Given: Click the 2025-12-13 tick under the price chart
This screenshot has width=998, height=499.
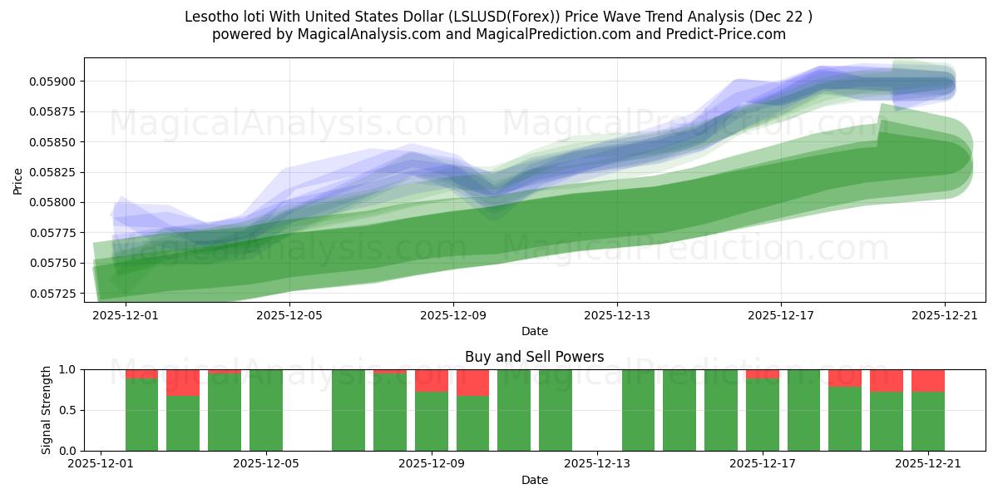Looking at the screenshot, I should (x=616, y=315).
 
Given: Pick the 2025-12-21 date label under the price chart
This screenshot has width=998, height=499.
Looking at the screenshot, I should (x=945, y=315).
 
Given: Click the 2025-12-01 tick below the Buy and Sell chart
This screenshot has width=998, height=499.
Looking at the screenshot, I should (x=101, y=464).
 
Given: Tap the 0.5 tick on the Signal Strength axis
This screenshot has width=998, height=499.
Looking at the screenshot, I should (x=68, y=410).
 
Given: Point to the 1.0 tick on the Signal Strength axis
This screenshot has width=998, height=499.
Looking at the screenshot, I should (x=68, y=369).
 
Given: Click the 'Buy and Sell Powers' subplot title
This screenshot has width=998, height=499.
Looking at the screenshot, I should (x=534, y=357).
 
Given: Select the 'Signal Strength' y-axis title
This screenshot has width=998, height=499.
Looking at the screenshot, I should (x=47, y=410).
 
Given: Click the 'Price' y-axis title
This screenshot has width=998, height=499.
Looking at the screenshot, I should (x=18, y=180).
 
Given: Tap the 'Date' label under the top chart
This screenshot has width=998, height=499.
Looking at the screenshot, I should (x=534, y=331).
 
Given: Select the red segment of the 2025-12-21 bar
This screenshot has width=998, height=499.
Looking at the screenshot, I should (x=928, y=380).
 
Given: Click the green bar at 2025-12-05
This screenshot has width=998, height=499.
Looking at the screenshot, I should (x=266, y=410).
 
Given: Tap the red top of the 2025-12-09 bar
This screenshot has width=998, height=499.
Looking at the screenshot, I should (x=432, y=380).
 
